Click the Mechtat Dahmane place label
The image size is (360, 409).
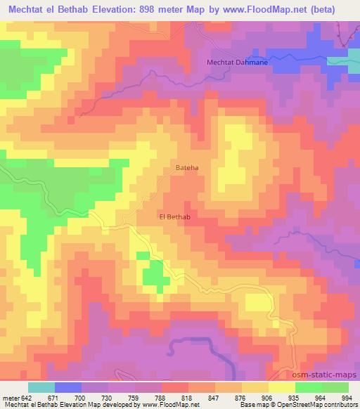pos(238,63)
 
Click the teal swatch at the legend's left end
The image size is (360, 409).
pos(41,387)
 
